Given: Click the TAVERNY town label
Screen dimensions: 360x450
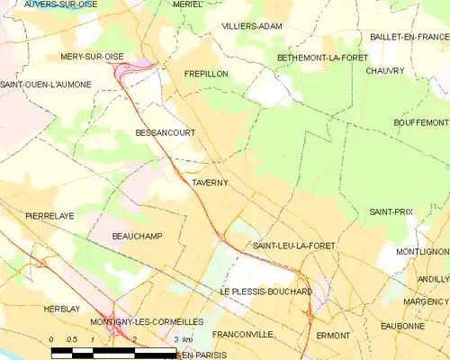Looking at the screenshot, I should point(210,183).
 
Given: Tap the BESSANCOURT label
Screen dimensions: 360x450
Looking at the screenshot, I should point(165,132).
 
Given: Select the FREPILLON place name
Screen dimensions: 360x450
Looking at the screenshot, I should point(206,74).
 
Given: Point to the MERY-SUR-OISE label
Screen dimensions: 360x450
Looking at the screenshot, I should point(92,56).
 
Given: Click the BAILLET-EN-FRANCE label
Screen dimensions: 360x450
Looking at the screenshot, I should point(409,37).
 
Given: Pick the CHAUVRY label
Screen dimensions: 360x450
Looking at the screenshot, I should point(385,70).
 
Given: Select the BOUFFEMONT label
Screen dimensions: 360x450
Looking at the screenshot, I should point(420,121).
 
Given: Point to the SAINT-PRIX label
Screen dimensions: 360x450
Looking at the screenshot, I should point(391,211).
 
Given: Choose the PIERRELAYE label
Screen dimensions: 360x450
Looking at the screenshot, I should point(50,217).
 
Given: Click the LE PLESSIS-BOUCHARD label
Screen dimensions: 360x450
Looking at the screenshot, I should point(265,292).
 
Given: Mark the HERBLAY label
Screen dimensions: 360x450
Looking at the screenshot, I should point(62,309).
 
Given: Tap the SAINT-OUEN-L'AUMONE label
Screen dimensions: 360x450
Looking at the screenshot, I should point(45,84).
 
